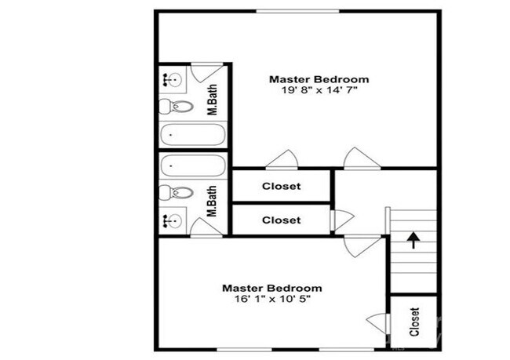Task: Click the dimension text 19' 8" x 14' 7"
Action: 319,92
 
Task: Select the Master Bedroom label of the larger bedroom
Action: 319,79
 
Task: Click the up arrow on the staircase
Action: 412,236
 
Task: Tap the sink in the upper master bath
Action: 173,78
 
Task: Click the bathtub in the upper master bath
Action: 192,136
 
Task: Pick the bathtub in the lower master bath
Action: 192,165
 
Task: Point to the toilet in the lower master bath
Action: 177,193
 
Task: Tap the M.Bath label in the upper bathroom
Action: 212,100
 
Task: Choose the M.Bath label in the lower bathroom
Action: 212,201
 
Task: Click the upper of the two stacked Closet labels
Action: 281,187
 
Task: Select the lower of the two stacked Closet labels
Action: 281,220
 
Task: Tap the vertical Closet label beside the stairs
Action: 414,322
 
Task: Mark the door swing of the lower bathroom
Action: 206,227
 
